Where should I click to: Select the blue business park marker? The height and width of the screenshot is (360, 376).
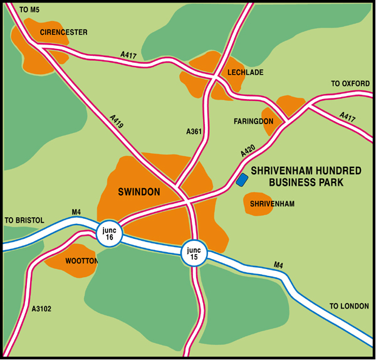click(x=243, y=180)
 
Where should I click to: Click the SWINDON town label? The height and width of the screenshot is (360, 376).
click(x=139, y=192)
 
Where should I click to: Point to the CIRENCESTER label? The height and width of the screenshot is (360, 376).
click(x=63, y=32)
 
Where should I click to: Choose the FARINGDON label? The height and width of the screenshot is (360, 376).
click(x=254, y=120)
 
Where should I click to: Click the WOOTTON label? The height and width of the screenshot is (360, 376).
click(x=81, y=260)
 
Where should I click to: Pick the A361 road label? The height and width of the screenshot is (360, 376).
click(x=195, y=132)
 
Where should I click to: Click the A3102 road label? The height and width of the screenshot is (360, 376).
click(x=39, y=309)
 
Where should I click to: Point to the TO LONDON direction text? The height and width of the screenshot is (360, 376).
click(x=349, y=306)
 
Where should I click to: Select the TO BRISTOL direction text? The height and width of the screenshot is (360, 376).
click(x=24, y=220)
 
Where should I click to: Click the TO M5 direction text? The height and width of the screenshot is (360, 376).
click(x=29, y=9)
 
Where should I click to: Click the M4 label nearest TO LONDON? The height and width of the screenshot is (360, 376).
click(x=278, y=266)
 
